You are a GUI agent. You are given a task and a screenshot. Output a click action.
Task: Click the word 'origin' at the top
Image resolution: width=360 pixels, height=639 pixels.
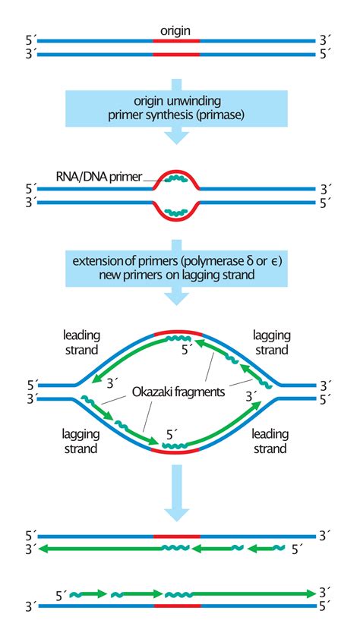tap(175, 32)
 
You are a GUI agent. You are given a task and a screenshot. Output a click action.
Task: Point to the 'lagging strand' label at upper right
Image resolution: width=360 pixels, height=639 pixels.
tap(270, 343)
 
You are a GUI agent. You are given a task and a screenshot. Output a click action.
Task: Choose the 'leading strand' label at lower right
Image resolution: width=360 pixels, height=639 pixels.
tap(270, 442)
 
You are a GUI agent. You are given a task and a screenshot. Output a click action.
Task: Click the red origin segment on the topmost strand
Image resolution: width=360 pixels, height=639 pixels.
tap(176, 42)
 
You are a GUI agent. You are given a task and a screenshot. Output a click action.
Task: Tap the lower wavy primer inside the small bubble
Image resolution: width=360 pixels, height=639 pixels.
tap(176, 212)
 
